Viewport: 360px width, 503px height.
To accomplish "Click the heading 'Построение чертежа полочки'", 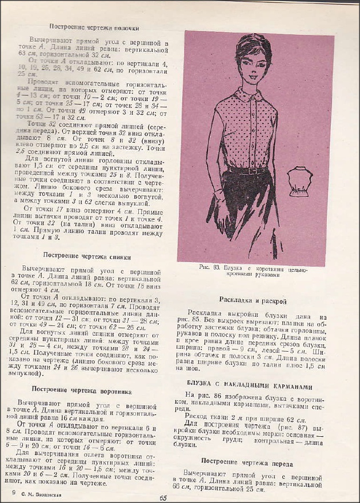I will (94, 27).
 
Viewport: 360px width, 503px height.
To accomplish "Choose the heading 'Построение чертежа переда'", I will (255, 464).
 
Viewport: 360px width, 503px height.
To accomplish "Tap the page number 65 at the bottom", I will (163, 497).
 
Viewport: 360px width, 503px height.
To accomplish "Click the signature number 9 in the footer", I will (13, 493).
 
